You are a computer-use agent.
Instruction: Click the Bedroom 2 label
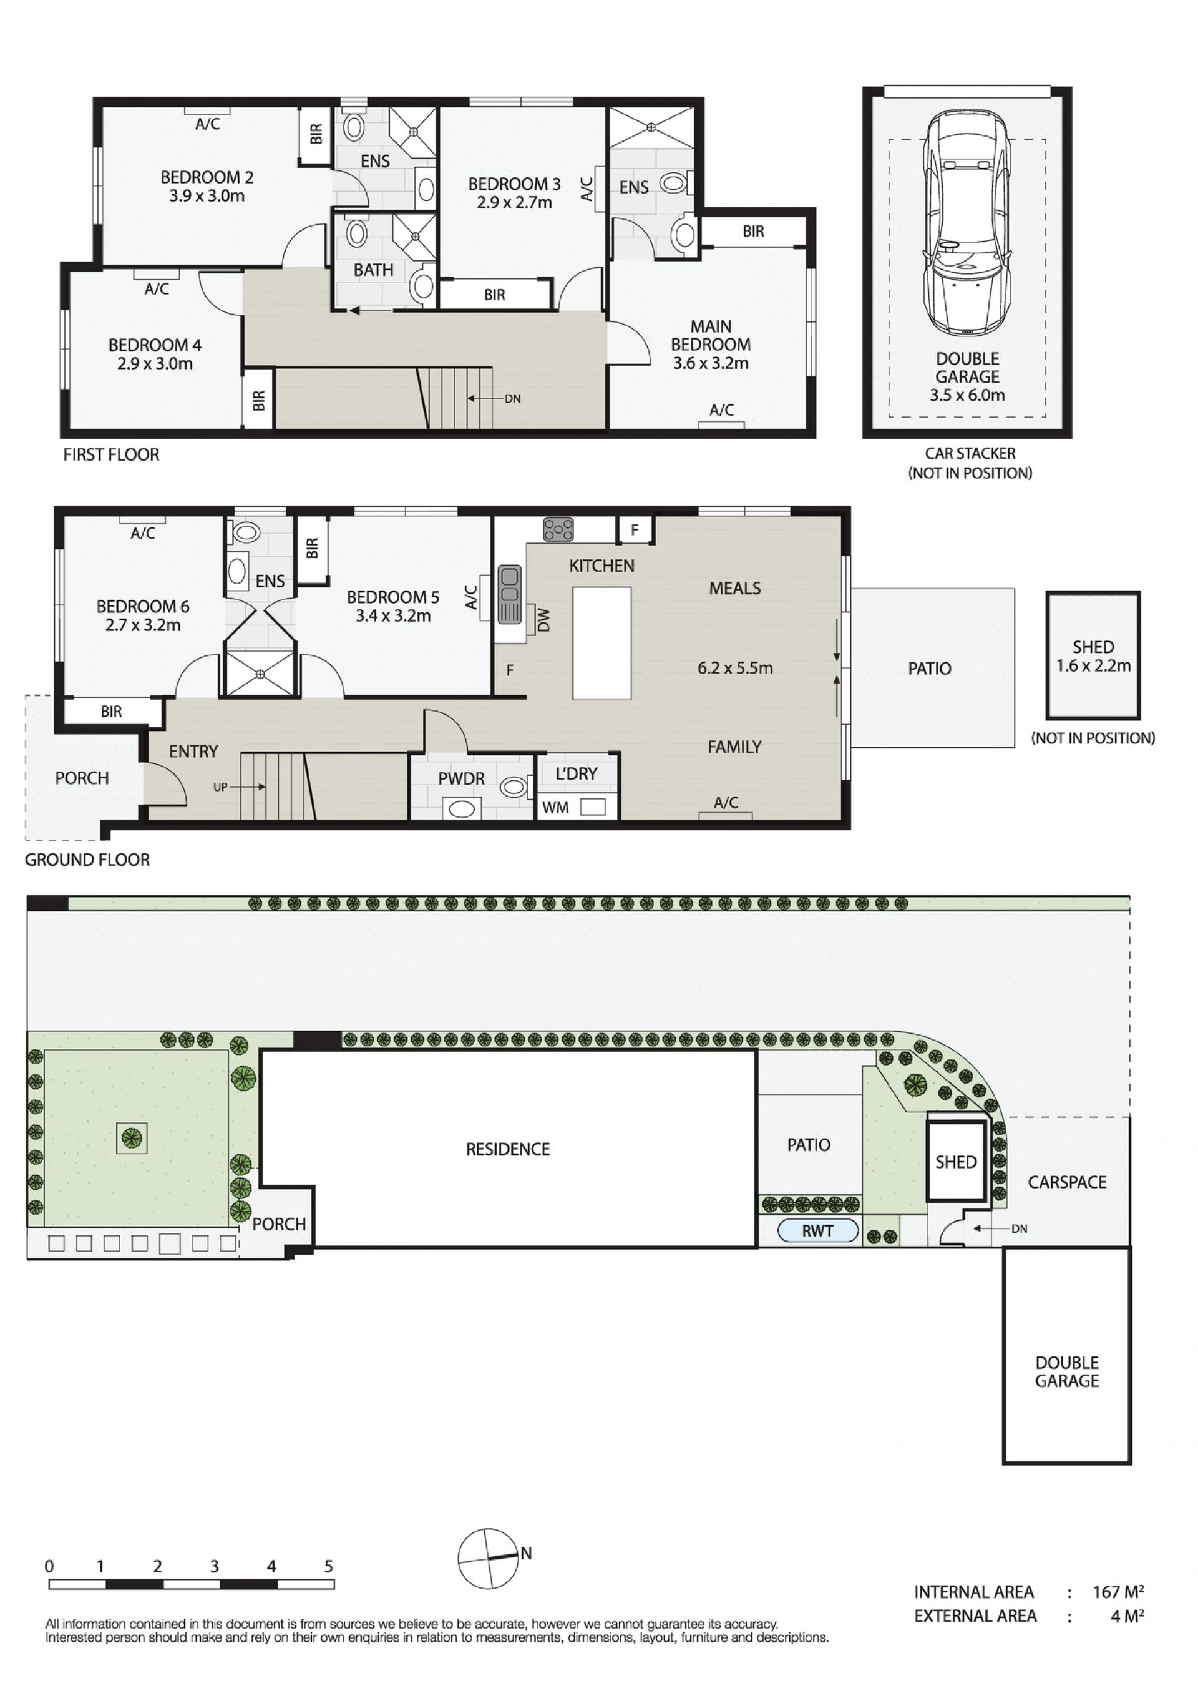(x=207, y=177)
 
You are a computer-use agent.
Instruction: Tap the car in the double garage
(x=967, y=222)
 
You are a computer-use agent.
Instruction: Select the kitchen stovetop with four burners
(x=558, y=529)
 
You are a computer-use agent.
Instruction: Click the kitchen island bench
(x=602, y=644)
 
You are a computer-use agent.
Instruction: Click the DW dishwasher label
(x=544, y=620)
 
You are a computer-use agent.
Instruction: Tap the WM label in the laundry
(x=555, y=807)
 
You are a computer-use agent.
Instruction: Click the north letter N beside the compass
(x=526, y=1552)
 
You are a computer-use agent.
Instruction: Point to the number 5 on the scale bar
(x=329, y=1566)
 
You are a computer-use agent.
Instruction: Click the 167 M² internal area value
(x=1118, y=1592)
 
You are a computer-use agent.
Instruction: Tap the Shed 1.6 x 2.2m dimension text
(x=1093, y=665)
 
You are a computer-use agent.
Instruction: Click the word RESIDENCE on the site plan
(x=508, y=1149)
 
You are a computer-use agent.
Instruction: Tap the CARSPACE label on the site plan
(x=1067, y=1182)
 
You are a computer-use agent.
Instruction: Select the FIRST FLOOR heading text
(x=112, y=454)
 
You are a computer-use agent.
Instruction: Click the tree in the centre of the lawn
(x=132, y=1139)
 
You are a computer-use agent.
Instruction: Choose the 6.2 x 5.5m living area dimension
(x=735, y=668)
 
